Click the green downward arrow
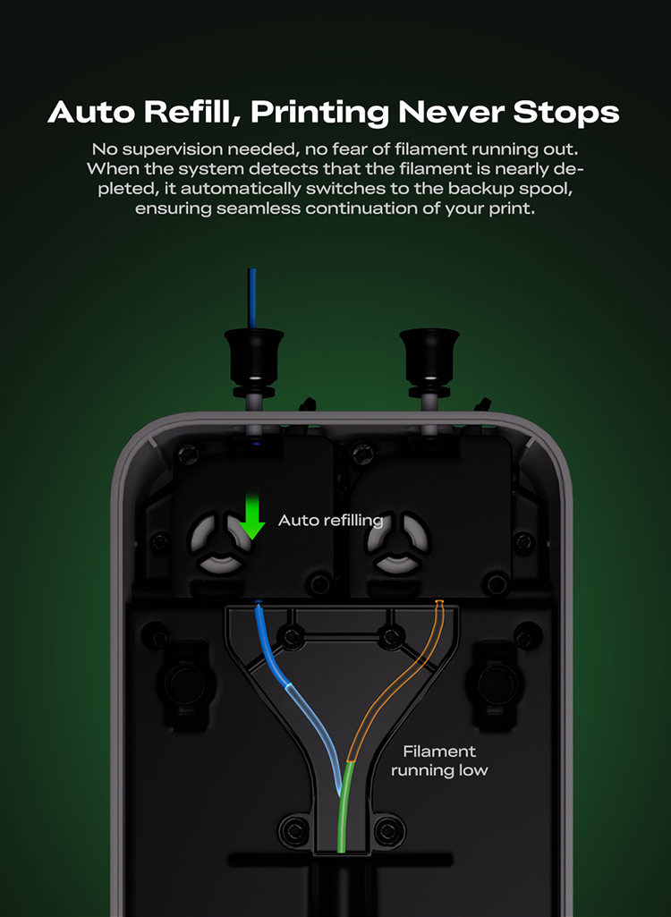[252, 516]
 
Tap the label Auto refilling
[330, 520]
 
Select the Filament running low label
[439, 760]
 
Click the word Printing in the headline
[320, 112]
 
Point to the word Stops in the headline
[565, 112]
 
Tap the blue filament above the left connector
[252, 298]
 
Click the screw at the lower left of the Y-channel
[293, 830]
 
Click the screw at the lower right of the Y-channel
[389, 830]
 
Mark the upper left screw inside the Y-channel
[291, 635]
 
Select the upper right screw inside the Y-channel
[391, 635]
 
